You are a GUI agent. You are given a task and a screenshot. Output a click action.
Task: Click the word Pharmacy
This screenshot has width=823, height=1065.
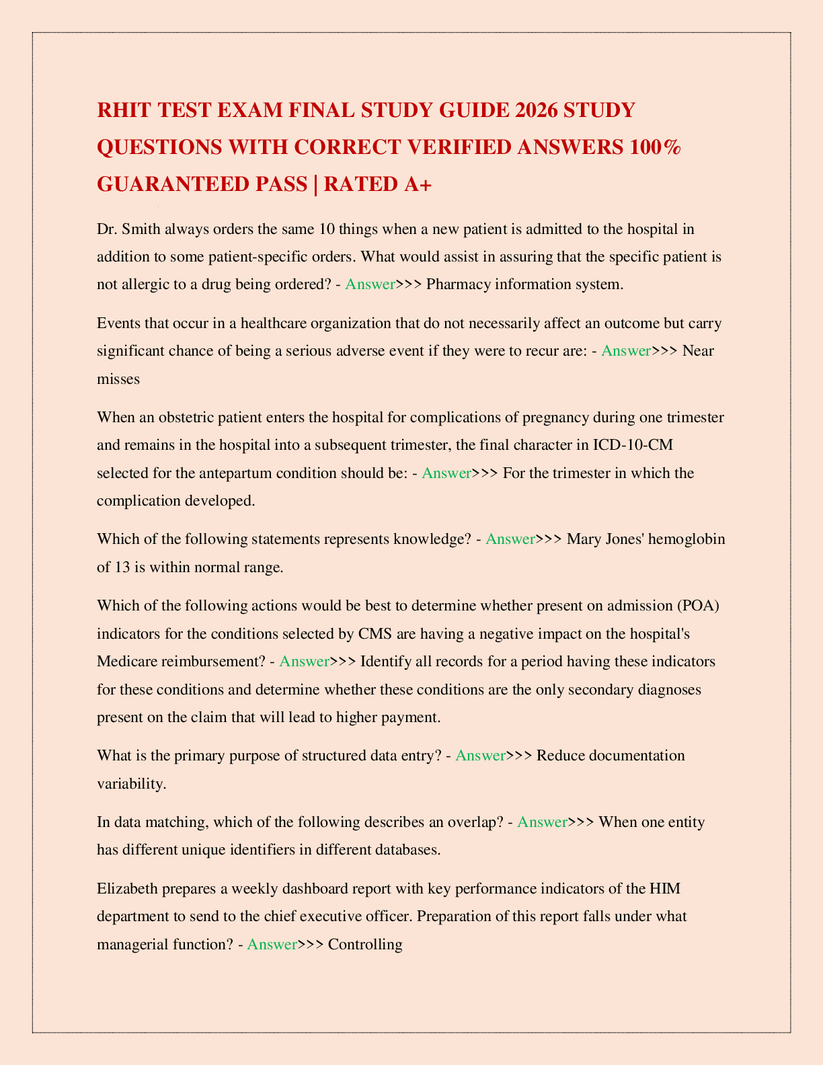(455, 284)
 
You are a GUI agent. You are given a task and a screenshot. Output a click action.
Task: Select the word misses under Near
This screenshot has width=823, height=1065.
(118, 379)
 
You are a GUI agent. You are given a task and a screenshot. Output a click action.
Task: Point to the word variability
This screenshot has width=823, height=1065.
(131, 783)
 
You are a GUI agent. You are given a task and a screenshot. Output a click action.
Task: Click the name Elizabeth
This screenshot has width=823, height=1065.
(128, 889)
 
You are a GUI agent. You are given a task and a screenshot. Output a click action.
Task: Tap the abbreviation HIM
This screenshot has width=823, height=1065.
(665, 889)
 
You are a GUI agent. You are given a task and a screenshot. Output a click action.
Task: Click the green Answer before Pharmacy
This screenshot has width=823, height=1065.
(370, 284)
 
